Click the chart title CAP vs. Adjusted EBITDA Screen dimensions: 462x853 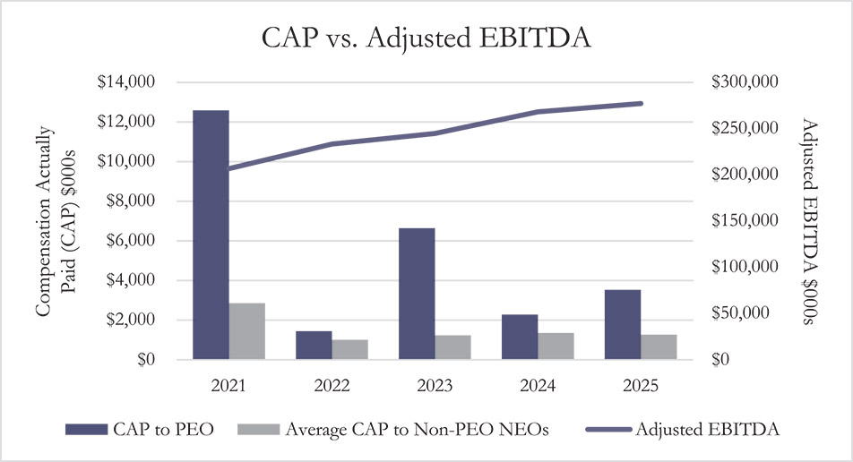[x=426, y=40]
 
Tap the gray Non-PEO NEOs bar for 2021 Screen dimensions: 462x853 [x=247, y=331]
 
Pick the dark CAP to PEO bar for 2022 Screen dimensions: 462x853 [x=314, y=346]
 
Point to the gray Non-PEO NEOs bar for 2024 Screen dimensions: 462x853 [x=556, y=346]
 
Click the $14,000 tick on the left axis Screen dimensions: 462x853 [x=126, y=82]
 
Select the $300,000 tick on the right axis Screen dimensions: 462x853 [x=747, y=82]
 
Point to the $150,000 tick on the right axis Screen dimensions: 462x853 [x=747, y=221]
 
